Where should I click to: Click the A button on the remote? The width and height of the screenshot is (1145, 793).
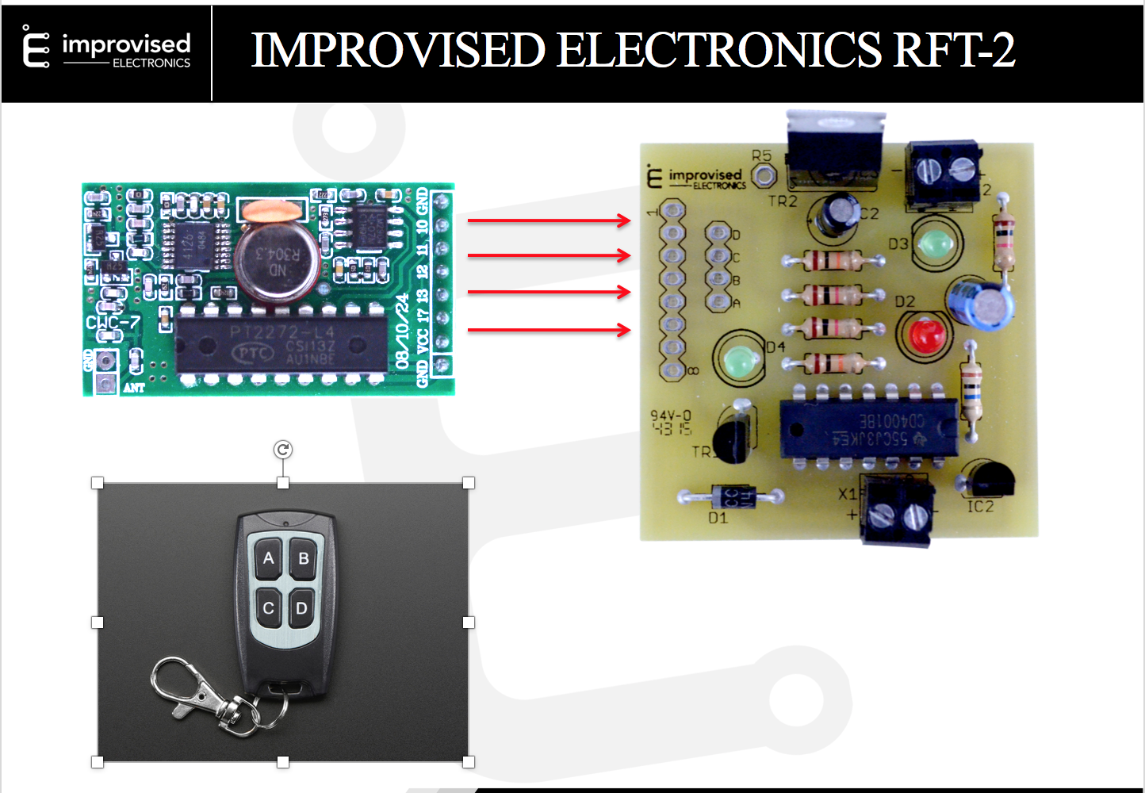pyautogui.click(x=269, y=558)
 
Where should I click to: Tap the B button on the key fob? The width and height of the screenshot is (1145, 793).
pyautogui.click(x=303, y=558)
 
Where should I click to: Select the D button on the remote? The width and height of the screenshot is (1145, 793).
pyautogui.click(x=301, y=609)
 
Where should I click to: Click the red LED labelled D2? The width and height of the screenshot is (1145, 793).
pyautogui.click(x=926, y=334)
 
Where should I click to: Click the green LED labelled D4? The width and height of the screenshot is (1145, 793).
pyautogui.click(x=739, y=361)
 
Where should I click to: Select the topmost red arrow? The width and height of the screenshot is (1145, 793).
pyautogui.click(x=549, y=220)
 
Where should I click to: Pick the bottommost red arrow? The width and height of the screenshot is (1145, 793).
pyautogui.click(x=549, y=329)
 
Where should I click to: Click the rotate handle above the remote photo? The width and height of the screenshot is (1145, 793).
pyautogui.click(x=283, y=450)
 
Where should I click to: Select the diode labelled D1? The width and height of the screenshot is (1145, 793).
pyautogui.click(x=730, y=497)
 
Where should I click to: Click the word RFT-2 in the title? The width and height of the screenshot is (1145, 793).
pyautogui.click(x=955, y=50)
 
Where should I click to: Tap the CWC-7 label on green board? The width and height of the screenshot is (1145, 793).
pyautogui.click(x=113, y=323)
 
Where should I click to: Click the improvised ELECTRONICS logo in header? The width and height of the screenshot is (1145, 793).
pyautogui.click(x=107, y=50)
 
